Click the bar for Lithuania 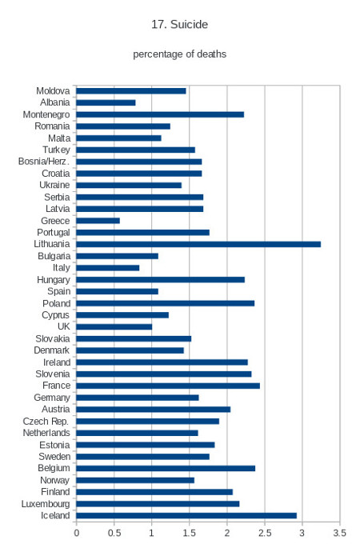coord(198,244)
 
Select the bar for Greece coord(98,221)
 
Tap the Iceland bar coord(186,516)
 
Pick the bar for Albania coord(106,103)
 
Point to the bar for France coord(168,386)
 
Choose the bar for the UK coord(114,326)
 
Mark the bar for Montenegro coord(160,114)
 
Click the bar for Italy coord(107,268)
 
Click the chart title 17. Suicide coord(180,24)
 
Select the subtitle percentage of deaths coord(180,54)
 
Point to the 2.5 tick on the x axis coord(265,534)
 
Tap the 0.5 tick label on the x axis coord(114,534)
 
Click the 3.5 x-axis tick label coord(340,534)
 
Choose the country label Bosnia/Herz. coord(44,162)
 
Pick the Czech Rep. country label coord(46,422)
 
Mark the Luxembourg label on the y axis coord(46,504)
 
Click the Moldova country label coord(53,90)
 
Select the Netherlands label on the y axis coord(46,433)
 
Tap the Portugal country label coord(54,233)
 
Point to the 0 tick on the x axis coord(77,534)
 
